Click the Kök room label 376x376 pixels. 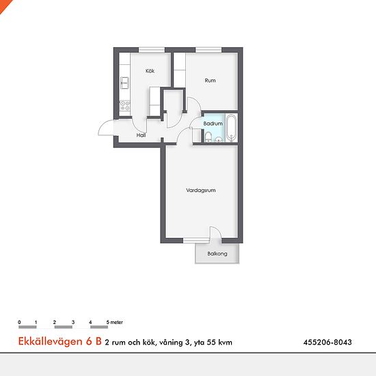tap(150, 71)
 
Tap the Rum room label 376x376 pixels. tap(210, 81)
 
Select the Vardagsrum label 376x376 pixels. tap(201, 191)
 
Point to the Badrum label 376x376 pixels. tap(213, 124)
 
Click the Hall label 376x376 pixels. tap(141, 135)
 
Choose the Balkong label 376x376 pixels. tap(217, 254)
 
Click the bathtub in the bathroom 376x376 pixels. tap(231, 128)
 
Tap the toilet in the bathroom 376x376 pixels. tap(208, 137)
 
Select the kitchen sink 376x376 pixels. tap(124, 83)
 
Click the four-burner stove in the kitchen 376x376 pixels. tap(125, 106)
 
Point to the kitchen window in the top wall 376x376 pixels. tap(152, 50)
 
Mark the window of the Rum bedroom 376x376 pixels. tap(209, 50)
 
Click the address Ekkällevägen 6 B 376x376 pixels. tap(60, 341)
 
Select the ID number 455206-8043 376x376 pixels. tap(327, 343)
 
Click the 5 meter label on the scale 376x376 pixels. tap(115, 322)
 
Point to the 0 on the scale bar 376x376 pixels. tap(19, 322)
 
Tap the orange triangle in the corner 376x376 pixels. tap(4, 4)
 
